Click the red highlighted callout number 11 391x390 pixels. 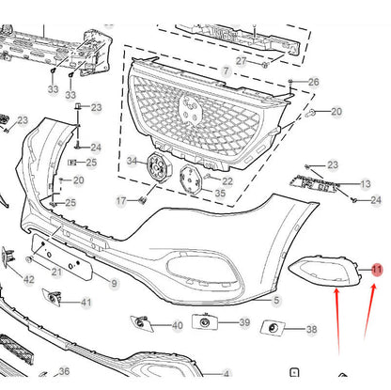(x=377, y=270)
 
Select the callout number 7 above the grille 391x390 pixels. (x=226, y=71)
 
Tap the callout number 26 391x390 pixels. (x=314, y=82)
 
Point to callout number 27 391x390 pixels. (x=241, y=61)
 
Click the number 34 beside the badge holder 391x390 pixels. (x=132, y=161)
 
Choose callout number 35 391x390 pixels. (x=220, y=193)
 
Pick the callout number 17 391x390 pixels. (x=121, y=201)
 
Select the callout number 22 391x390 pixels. (x=227, y=181)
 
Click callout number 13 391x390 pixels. (x=366, y=184)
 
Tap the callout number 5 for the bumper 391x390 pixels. (x=276, y=300)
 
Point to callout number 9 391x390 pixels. (x=114, y=284)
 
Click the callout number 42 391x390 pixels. (x=29, y=279)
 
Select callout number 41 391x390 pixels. (x=86, y=303)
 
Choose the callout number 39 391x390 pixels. (x=244, y=322)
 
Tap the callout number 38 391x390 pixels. (x=311, y=329)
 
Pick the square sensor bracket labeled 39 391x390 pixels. (x=205, y=321)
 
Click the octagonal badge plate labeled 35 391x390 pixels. (x=191, y=179)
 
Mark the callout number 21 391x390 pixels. (x=56, y=272)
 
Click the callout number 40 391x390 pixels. (x=178, y=325)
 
